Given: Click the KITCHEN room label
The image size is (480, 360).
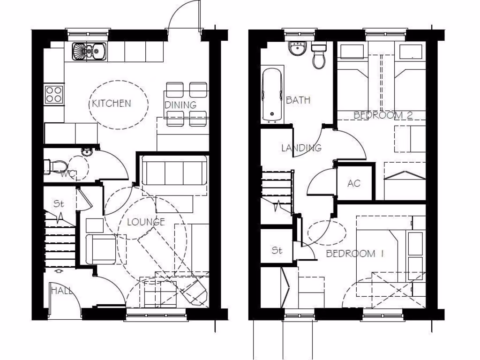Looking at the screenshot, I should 112,103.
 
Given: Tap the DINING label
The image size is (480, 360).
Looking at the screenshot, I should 180,105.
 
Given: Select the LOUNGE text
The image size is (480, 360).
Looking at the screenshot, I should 146,222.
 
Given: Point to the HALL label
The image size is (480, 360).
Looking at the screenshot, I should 61,291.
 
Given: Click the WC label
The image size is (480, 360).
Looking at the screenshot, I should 68,175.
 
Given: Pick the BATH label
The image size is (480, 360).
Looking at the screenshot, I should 298,100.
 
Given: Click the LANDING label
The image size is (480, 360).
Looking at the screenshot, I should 301,148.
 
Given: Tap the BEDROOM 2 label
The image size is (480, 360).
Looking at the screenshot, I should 382,115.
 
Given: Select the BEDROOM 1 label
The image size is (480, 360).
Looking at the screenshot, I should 355,254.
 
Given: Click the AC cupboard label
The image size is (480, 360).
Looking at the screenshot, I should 354,183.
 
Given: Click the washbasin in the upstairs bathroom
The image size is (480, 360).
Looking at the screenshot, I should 297,49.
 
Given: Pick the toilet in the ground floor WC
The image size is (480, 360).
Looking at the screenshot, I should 55,166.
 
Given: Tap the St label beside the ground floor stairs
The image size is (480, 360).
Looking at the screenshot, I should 58,204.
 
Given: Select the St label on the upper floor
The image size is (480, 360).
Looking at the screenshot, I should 277,250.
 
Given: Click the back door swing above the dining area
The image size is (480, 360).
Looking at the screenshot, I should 184,19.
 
